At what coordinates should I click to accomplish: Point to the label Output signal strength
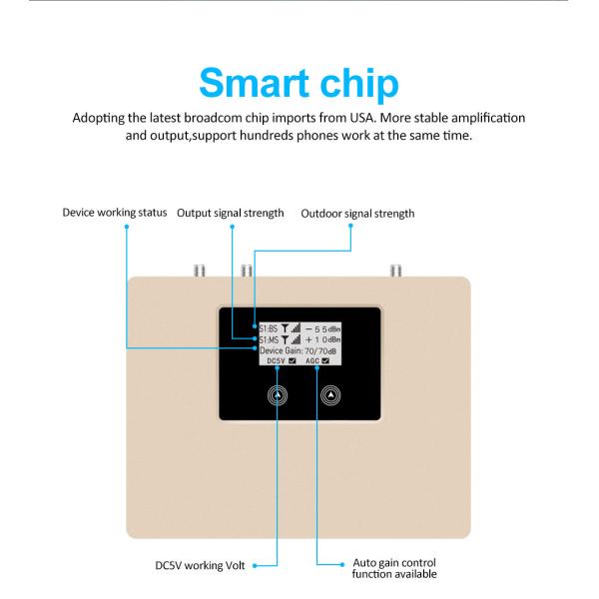pyautogui.click(x=231, y=214)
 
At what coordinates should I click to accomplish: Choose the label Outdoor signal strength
pyautogui.click(x=357, y=214)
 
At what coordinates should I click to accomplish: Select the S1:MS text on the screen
pyautogui.click(x=270, y=339)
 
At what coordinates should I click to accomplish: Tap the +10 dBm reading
pyautogui.click(x=325, y=339)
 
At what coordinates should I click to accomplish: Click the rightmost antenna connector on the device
pyautogui.click(x=393, y=270)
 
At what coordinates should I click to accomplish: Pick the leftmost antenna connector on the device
pyautogui.click(x=199, y=270)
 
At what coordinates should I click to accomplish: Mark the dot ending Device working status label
pyautogui.click(x=127, y=226)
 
